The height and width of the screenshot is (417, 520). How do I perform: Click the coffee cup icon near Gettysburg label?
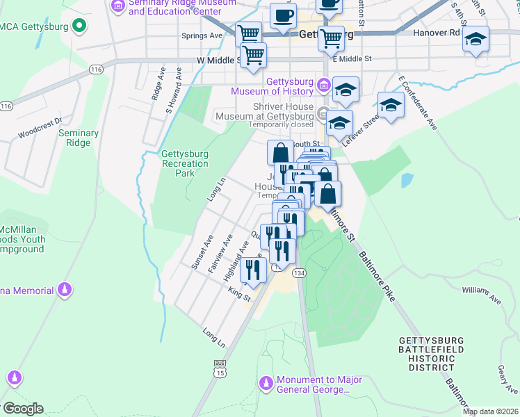[282, 15]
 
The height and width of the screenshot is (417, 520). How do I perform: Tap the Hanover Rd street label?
[437, 32]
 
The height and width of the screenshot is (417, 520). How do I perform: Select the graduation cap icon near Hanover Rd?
[476, 40]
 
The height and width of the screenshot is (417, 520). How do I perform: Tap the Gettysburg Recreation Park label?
[184, 163]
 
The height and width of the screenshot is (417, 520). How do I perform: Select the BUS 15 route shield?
[220, 367]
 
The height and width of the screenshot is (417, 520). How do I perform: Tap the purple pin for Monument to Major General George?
[266, 384]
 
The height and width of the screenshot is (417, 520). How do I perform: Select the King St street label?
[238, 295]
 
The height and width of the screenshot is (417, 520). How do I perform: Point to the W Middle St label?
[218, 60]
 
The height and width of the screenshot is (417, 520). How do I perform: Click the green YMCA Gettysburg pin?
[79, 27]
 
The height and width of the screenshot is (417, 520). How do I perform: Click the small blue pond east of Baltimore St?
[406, 181]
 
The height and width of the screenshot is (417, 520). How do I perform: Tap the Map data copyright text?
[490, 411]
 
